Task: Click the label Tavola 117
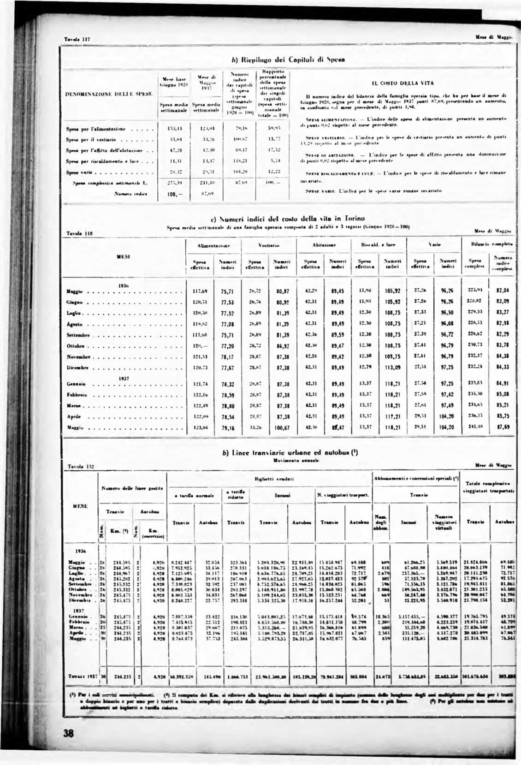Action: pos(76,39)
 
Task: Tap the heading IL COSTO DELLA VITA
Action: pos(392,83)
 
